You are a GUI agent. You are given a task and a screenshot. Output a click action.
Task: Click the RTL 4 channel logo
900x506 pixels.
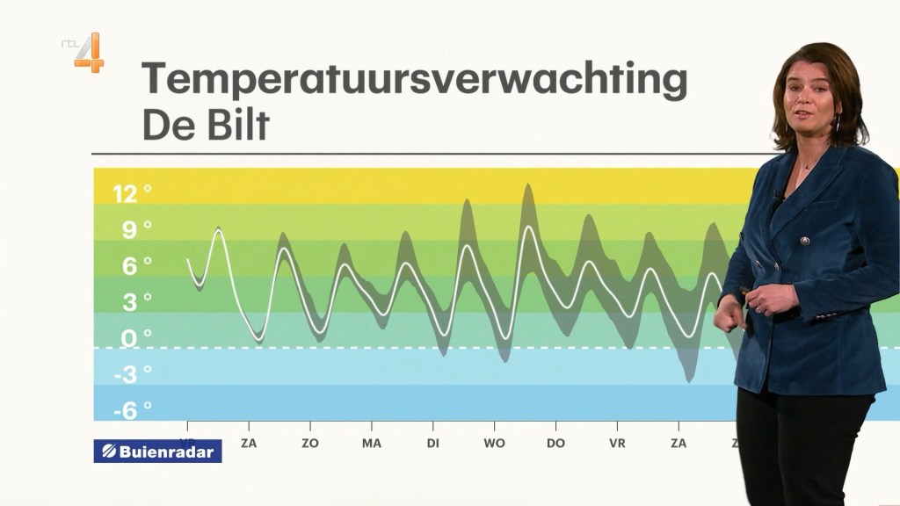(x=85, y=52)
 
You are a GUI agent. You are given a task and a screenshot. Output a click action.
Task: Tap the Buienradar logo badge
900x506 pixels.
(x=157, y=451)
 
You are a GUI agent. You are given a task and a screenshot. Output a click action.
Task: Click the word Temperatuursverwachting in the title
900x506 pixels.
(x=414, y=79)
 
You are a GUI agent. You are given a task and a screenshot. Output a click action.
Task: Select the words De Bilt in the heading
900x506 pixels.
(x=206, y=125)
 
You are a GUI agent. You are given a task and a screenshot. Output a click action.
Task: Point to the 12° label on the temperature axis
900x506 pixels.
(x=132, y=194)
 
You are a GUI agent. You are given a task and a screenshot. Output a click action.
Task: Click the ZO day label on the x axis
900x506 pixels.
(x=310, y=444)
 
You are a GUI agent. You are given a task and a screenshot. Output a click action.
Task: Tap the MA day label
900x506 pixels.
(x=372, y=444)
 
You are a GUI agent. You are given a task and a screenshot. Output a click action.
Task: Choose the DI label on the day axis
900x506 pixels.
(x=433, y=444)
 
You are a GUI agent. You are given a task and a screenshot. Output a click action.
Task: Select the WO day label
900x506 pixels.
(x=494, y=444)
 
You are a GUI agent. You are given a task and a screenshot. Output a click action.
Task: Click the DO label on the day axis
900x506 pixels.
(x=555, y=444)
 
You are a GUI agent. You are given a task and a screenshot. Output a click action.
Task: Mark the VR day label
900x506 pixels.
(x=617, y=444)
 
